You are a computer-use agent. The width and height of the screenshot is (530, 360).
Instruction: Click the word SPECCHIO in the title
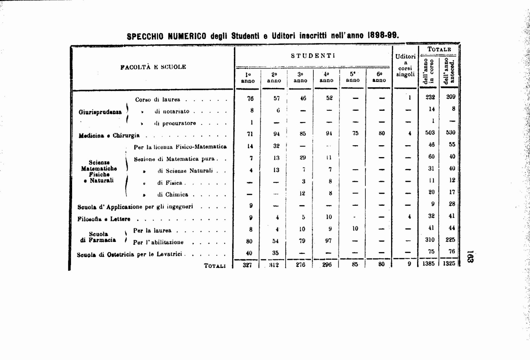click(x=145, y=36)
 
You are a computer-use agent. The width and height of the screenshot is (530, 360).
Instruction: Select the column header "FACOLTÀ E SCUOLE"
click(x=153, y=67)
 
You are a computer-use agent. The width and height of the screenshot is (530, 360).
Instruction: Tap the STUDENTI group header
click(x=313, y=56)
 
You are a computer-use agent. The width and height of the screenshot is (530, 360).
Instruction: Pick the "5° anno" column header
click(x=353, y=77)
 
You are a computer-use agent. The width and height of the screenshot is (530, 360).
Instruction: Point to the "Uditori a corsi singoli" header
click(x=406, y=65)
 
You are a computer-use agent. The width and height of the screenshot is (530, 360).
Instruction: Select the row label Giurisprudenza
click(x=100, y=112)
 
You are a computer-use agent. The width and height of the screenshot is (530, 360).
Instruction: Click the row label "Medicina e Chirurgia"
click(x=109, y=135)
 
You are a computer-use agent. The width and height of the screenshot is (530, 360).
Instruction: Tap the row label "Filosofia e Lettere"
click(x=104, y=219)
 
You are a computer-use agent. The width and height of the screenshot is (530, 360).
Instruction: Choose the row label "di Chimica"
click(x=172, y=194)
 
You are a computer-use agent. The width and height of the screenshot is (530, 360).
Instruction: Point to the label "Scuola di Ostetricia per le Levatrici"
click(x=129, y=254)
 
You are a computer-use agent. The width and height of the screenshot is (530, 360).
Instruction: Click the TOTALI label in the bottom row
click(x=215, y=266)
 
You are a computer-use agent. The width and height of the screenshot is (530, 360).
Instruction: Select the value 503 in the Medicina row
click(x=430, y=133)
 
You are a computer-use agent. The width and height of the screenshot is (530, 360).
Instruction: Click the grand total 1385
click(x=428, y=264)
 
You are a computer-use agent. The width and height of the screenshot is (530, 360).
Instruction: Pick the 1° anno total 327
click(x=248, y=265)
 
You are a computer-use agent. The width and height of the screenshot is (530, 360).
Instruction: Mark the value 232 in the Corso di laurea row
click(x=430, y=97)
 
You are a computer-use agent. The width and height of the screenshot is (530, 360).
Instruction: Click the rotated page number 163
click(x=470, y=257)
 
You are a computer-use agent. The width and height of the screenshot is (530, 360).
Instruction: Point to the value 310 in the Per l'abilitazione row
click(x=430, y=240)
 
